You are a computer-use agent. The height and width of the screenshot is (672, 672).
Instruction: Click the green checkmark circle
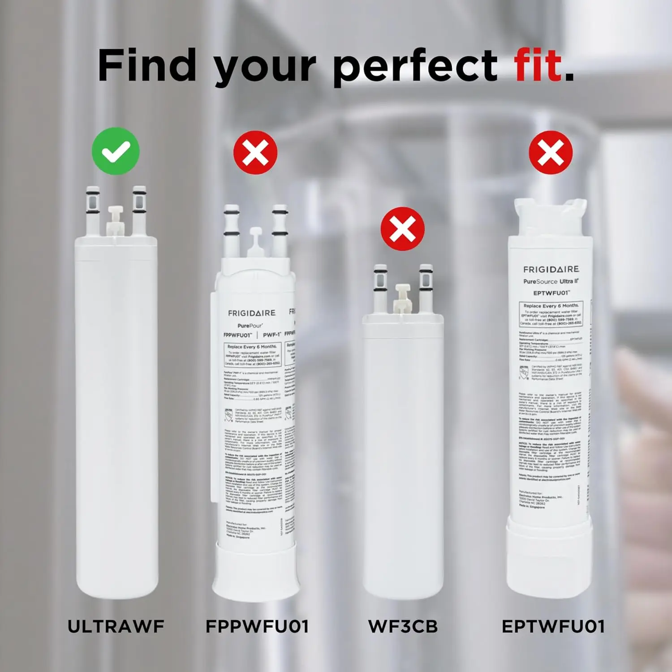coord(116,151)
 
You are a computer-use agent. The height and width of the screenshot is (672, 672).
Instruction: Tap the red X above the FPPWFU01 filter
coord(255,152)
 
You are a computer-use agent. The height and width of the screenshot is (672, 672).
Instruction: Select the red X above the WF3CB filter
coord(402,228)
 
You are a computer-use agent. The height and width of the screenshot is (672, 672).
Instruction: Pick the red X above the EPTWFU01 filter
coord(551,152)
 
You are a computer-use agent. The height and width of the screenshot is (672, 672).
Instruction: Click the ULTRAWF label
coord(116,626)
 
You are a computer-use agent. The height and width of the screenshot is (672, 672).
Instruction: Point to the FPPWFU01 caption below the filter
coord(257,626)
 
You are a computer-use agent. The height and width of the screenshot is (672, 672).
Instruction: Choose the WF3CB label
coord(403,626)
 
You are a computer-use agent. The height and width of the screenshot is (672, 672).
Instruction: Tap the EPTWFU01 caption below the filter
coord(553,626)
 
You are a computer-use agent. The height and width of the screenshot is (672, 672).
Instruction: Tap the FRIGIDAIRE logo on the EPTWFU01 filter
coord(551,269)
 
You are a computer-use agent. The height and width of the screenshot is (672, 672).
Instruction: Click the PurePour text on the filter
coord(250,326)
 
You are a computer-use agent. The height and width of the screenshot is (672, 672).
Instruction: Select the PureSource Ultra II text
coord(551,281)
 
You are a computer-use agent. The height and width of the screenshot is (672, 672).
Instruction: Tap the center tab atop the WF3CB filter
coord(402,298)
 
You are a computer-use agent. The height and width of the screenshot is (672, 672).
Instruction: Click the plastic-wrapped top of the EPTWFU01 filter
coord(550,217)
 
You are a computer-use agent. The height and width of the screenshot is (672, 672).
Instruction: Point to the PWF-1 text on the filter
coord(272,335)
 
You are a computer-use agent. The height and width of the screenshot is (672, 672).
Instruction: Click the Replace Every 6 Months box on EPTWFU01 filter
coord(551,314)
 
